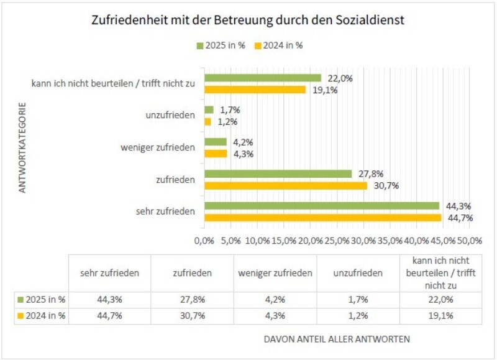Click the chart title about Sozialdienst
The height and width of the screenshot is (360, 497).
248,20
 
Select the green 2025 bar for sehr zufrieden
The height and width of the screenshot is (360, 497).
322,206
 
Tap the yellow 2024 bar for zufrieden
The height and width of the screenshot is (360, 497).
286,185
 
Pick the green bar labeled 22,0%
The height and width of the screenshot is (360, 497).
263,78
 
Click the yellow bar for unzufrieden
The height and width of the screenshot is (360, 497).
207,121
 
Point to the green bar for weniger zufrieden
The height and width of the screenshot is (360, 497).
216,142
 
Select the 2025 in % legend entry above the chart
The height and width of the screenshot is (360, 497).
219,45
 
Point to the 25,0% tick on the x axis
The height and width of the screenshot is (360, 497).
337,240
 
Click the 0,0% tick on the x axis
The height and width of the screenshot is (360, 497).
204,240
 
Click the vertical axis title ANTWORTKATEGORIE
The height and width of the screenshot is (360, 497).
22,147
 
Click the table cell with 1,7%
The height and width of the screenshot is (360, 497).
358,300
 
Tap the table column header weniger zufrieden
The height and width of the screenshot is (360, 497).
275,273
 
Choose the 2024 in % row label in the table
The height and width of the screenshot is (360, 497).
44,316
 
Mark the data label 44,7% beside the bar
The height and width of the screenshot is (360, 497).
457,218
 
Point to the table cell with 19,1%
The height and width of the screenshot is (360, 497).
440,316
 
